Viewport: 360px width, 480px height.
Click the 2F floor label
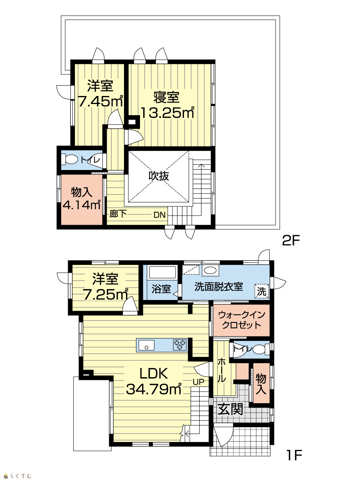[x=290, y=240]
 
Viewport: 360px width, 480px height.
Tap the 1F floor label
[x=294, y=455]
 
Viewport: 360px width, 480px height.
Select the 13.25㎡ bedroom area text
[x=168, y=113]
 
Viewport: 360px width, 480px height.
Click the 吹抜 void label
[x=159, y=176]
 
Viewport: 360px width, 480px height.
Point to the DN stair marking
[x=159, y=215]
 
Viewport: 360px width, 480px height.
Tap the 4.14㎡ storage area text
[x=82, y=205]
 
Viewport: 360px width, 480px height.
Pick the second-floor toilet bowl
[x=70, y=160]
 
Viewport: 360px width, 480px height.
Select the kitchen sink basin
[x=146, y=345]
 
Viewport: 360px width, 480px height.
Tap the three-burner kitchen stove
[x=180, y=345]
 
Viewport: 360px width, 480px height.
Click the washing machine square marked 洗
[x=262, y=291]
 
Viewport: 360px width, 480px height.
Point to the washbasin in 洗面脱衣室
[x=210, y=271]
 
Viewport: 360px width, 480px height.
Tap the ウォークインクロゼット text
[x=242, y=320]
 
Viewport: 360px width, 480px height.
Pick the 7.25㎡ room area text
[x=105, y=294]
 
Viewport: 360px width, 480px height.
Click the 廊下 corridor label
[x=118, y=214]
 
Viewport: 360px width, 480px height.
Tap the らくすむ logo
[x=18, y=474]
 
